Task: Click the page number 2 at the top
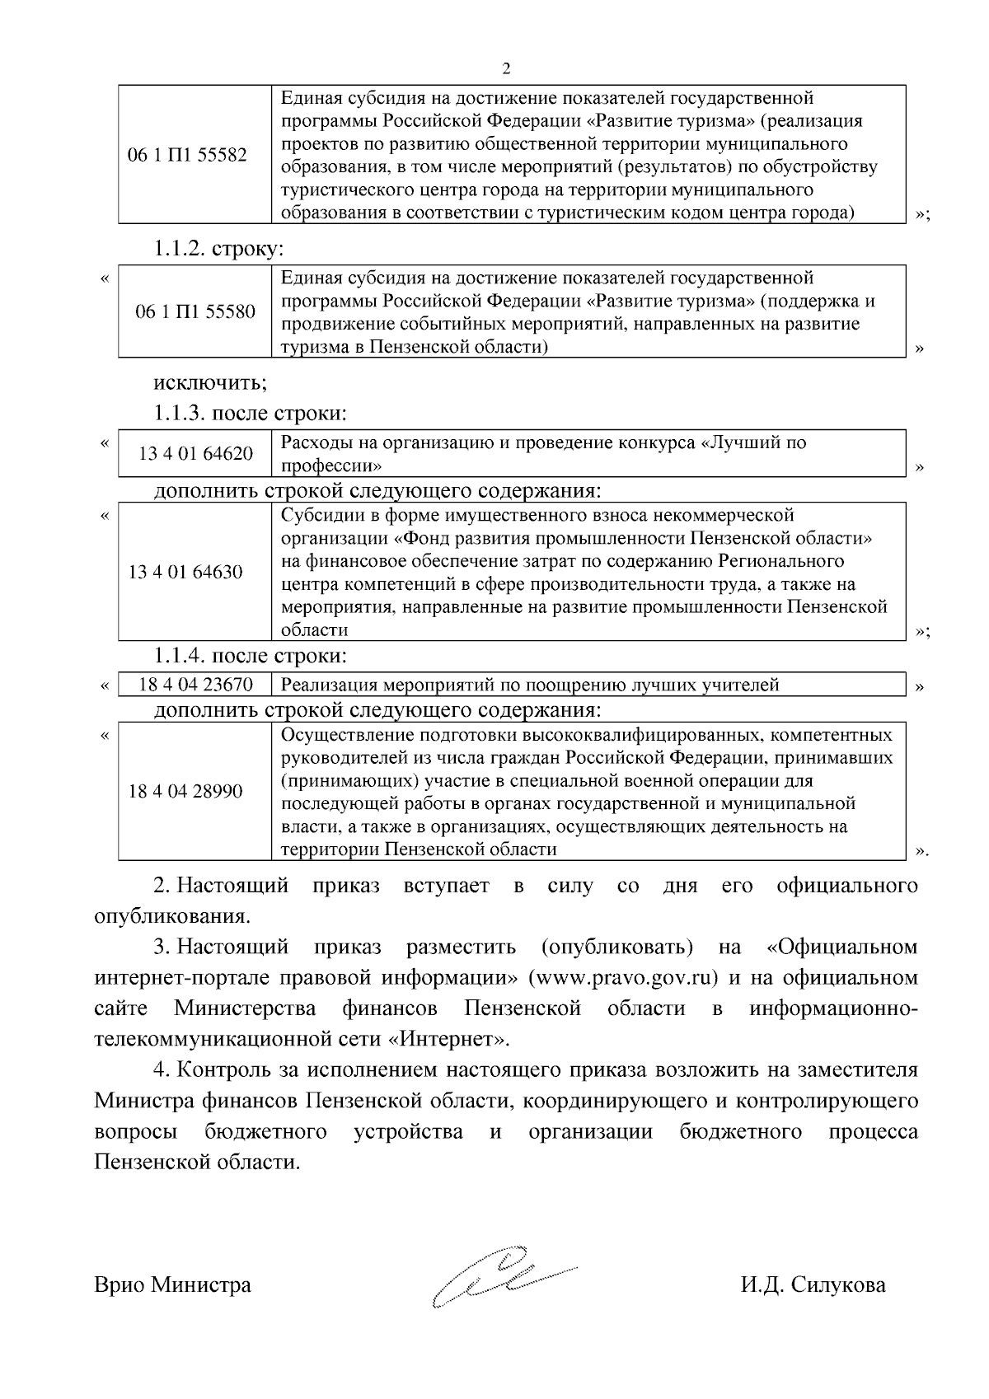coord(506,68)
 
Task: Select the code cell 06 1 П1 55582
coord(187,156)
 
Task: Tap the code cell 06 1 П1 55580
coord(195,312)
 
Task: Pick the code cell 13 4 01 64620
coord(195,454)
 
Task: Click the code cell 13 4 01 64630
coord(185,572)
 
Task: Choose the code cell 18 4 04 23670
coord(195,685)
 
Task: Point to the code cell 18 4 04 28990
coord(185,792)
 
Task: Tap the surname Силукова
coord(838,1284)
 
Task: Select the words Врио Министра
coord(173,1284)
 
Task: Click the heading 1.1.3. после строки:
coord(250,413)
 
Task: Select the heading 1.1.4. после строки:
coord(250,656)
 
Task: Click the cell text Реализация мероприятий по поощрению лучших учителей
coord(530,685)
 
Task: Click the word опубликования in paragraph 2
coord(171,916)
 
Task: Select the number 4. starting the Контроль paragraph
coord(162,1070)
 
